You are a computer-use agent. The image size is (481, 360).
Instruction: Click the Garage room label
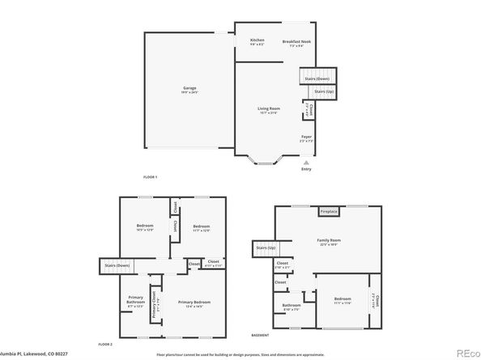[189, 88]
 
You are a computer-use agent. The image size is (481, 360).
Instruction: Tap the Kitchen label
[258, 40]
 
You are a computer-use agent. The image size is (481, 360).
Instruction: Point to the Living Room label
[270, 109]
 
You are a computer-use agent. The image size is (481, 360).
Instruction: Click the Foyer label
[306, 138]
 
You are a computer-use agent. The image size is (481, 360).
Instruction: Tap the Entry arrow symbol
[306, 161]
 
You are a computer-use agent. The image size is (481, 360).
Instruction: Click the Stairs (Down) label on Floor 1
[317, 78]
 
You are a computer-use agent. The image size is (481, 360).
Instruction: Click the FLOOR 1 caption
[150, 176]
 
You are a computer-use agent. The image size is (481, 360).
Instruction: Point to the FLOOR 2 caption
[105, 345]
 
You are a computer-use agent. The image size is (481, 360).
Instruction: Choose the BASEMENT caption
[260, 335]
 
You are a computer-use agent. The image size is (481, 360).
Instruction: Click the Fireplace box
[328, 212]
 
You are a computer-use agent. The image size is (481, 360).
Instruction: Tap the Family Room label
[328, 240]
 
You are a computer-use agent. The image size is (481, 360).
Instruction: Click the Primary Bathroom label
[135, 303]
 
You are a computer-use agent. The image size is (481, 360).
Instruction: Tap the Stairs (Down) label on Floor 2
[117, 265]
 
